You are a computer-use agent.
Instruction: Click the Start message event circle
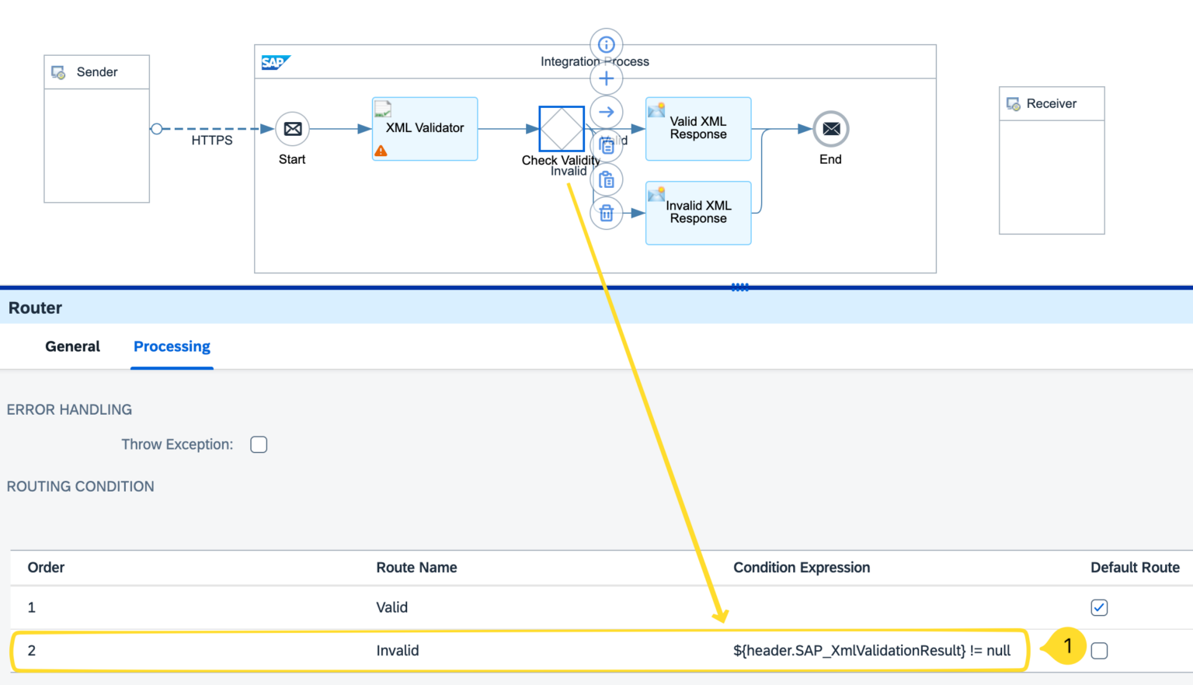click(x=292, y=129)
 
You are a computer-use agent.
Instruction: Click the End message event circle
click(x=830, y=129)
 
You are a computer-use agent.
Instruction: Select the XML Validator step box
click(x=425, y=128)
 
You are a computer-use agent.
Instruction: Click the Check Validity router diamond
click(x=561, y=129)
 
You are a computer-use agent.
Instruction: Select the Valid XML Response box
click(x=698, y=128)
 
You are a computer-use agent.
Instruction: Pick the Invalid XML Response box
click(x=698, y=213)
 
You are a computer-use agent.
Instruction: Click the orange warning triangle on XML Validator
click(x=381, y=151)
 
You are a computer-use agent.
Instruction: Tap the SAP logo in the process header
click(x=275, y=62)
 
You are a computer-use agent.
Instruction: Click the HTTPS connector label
click(x=212, y=141)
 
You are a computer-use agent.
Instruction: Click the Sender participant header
click(x=97, y=72)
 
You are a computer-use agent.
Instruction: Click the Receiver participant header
click(x=1051, y=104)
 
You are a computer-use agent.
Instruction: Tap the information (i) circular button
click(x=607, y=45)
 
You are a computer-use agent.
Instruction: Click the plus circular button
click(x=607, y=78)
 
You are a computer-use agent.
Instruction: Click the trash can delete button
click(x=607, y=214)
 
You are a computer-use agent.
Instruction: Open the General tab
click(x=72, y=346)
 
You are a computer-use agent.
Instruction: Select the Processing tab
click(x=172, y=346)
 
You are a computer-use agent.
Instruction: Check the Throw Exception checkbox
click(x=259, y=444)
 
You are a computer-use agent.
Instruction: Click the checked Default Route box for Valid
click(x=1099, y=607)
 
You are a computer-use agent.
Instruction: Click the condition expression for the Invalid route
click(x=871, y=651)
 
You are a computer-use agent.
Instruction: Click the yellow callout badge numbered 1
click(x=1067, y=646)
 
